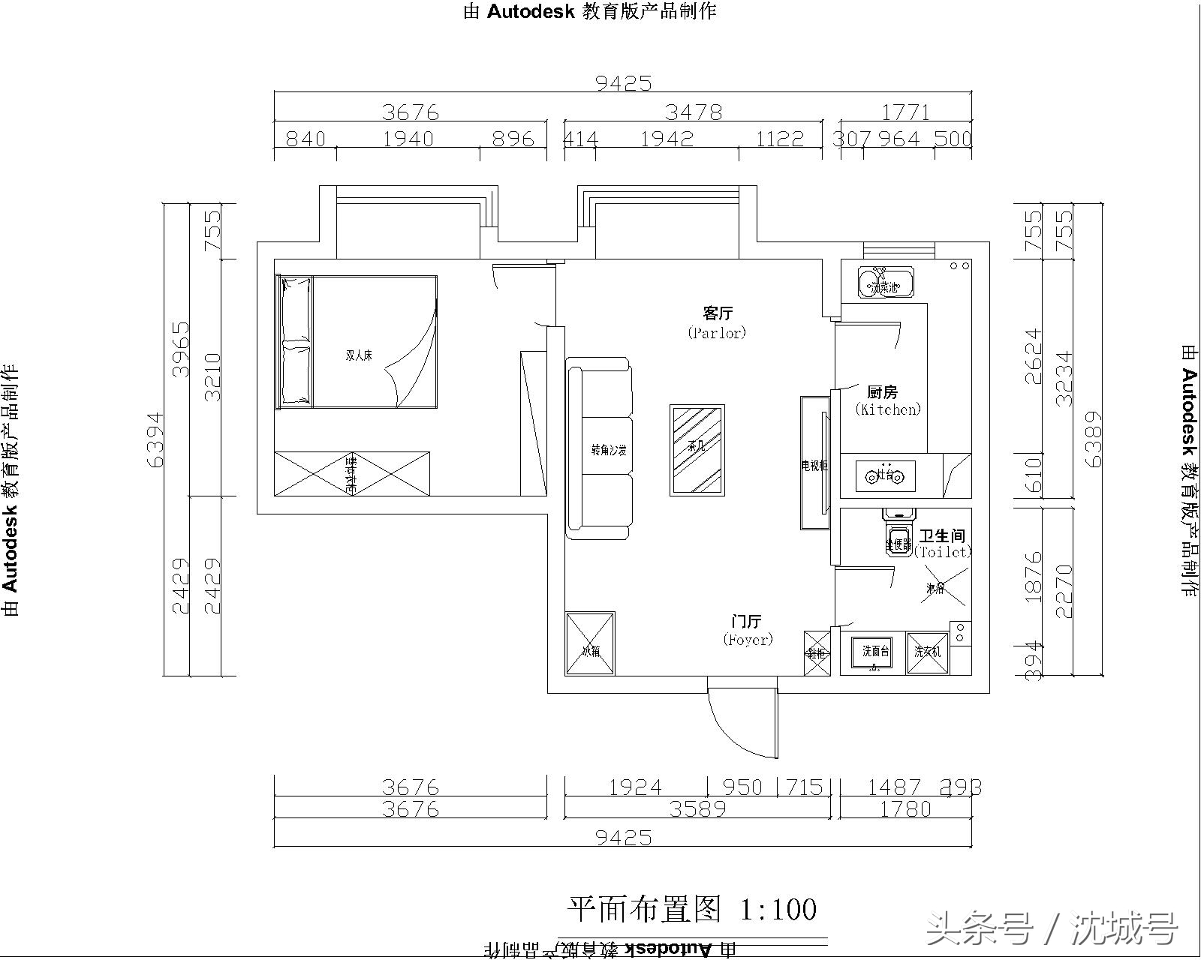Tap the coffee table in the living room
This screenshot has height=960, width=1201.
697,450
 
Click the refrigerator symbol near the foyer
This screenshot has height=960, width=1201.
590,643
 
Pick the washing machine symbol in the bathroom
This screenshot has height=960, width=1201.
927,651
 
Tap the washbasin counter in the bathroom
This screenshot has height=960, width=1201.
874,651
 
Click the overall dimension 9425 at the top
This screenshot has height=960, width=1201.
624,82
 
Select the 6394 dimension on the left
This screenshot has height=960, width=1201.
155,439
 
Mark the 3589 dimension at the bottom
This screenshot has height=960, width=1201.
698,809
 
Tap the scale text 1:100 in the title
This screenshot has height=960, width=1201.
778,910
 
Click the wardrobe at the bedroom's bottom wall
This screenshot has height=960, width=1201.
351,473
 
